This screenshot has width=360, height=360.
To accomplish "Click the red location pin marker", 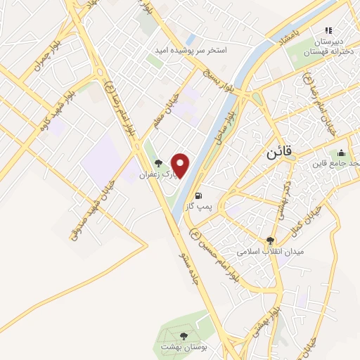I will [181, 165].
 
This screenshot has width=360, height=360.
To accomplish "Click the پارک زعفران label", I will [155, 173].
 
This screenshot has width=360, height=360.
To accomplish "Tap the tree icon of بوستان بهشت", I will [184, 336].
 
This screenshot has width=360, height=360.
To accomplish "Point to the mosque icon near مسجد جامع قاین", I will [342, 153].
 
